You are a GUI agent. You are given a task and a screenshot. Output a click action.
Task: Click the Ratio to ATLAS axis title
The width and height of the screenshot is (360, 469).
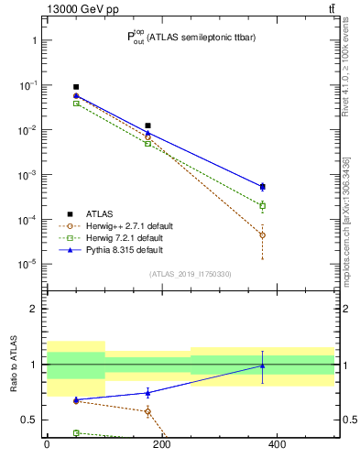click(14, 364)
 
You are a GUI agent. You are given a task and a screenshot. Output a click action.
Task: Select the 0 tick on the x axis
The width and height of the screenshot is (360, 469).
click(47, 445)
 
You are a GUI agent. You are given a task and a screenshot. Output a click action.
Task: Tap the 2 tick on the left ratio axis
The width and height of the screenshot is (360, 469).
click(33, 309)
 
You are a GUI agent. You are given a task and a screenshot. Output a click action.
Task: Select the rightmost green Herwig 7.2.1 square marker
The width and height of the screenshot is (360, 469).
click(262, 205)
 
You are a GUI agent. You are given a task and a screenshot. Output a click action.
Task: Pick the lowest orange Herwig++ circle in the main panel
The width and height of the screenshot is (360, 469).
click(262, 235)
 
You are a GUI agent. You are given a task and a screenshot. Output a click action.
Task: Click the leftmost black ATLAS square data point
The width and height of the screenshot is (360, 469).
click(76, 87)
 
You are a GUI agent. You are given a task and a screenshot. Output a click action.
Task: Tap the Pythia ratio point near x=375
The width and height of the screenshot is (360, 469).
click(262, 365)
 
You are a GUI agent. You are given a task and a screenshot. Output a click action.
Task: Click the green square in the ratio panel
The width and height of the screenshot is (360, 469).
click(76, 432)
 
